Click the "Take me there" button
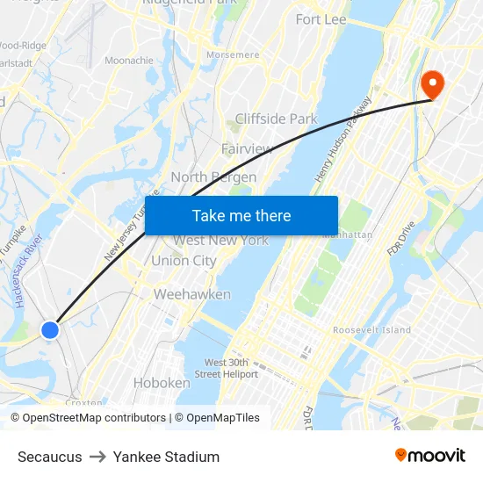[x=241, y=216]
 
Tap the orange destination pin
[x=433, y=83]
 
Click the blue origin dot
[x=50, y=330]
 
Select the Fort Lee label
[x=321, y=19]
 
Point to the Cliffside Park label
[x=276, y=119]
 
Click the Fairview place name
[x=247, y=148]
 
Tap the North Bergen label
[x=213, y=177]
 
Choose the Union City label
[x=184, y=261]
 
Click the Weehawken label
[x=192, y=294]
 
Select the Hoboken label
[x=162, y=383]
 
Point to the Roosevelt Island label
[x=371, y=330]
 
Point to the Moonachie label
[x=129, y=61]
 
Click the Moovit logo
[x=429, y=455]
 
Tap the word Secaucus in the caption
[x=50, y=457]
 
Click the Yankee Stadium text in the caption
[x=166, y=457]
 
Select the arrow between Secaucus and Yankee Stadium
[x=97, y=457]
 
